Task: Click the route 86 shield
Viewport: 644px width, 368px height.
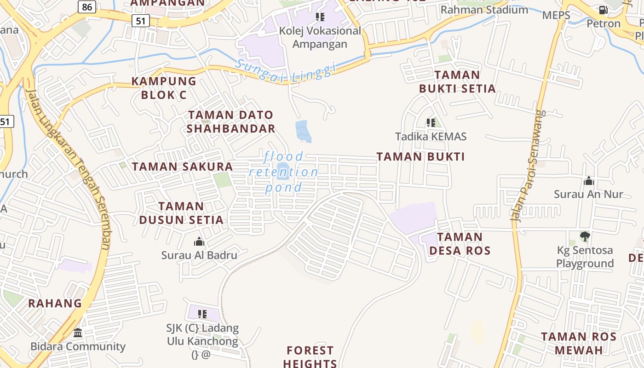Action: [87, 7]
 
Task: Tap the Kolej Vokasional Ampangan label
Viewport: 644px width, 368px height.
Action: [320, 37]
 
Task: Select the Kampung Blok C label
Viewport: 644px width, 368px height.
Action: [164, 88]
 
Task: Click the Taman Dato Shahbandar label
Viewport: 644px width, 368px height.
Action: [231, 121]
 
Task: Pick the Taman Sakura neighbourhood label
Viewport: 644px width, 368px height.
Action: [183, 167]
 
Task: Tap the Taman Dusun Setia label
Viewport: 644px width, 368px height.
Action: [181, 213]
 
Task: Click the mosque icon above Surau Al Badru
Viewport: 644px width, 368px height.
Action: [199, 241]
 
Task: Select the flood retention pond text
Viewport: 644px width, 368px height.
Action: [284, 172]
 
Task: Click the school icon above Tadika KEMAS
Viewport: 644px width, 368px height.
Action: [431, 123]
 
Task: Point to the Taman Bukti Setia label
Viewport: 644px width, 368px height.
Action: [457, 81]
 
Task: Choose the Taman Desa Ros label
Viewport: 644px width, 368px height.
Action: [460, 244]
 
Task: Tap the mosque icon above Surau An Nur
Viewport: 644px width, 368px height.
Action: [588, 181]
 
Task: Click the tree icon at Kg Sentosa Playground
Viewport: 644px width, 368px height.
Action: [585, 236]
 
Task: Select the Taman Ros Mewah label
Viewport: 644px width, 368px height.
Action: [578, 343]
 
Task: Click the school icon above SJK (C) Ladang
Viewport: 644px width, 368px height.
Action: [202, 314]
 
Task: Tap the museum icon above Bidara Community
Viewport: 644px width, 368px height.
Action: [78, 333]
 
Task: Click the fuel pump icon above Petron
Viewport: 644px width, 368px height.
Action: [603, 10]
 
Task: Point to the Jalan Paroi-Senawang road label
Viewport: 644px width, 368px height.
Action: [529, 166]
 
